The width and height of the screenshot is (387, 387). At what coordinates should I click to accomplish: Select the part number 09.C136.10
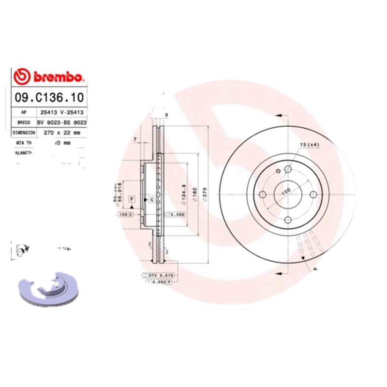coord(48,97)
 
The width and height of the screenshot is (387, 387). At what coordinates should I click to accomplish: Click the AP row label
coord(24,112)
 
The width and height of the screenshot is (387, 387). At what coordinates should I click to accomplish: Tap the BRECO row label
coord(24,122)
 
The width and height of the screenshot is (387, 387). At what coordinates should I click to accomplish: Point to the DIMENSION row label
coord(24,132)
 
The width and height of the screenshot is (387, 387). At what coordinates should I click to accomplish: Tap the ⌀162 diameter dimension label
coord(193,193)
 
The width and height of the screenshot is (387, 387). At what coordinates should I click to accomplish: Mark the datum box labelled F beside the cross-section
coord(131,199)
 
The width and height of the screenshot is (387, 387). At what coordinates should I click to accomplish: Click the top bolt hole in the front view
coord(288,169)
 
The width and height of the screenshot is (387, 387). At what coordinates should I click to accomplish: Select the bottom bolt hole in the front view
coord(288,220)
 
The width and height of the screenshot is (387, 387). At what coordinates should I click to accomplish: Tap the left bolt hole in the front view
coord(263,194)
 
